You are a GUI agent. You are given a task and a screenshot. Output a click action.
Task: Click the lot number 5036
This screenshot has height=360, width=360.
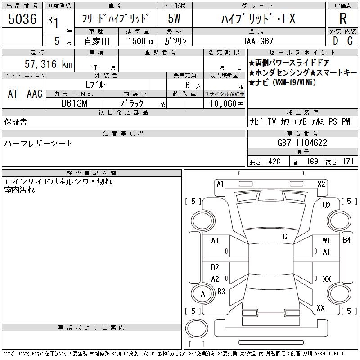(x=22, y=19)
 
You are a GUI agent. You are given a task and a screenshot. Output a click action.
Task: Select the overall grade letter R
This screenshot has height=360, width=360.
(x=343, y=18)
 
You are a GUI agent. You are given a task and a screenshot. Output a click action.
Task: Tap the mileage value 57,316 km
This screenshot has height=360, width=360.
(x=49, y=64)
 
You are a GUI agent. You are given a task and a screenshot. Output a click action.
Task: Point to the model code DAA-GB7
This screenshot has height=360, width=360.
(x=257, y=41)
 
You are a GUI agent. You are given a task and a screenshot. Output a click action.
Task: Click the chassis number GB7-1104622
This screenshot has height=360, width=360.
(x=302, y=143)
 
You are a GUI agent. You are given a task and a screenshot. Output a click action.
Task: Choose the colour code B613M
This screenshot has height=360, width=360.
(x=74, y=103)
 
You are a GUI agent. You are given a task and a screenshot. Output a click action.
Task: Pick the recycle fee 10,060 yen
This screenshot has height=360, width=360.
(x=227, y=103)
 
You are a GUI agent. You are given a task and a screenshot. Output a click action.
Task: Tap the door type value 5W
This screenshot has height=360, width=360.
(x=174, y=18)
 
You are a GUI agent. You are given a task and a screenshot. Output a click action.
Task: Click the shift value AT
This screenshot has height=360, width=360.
(x=13, y=94)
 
